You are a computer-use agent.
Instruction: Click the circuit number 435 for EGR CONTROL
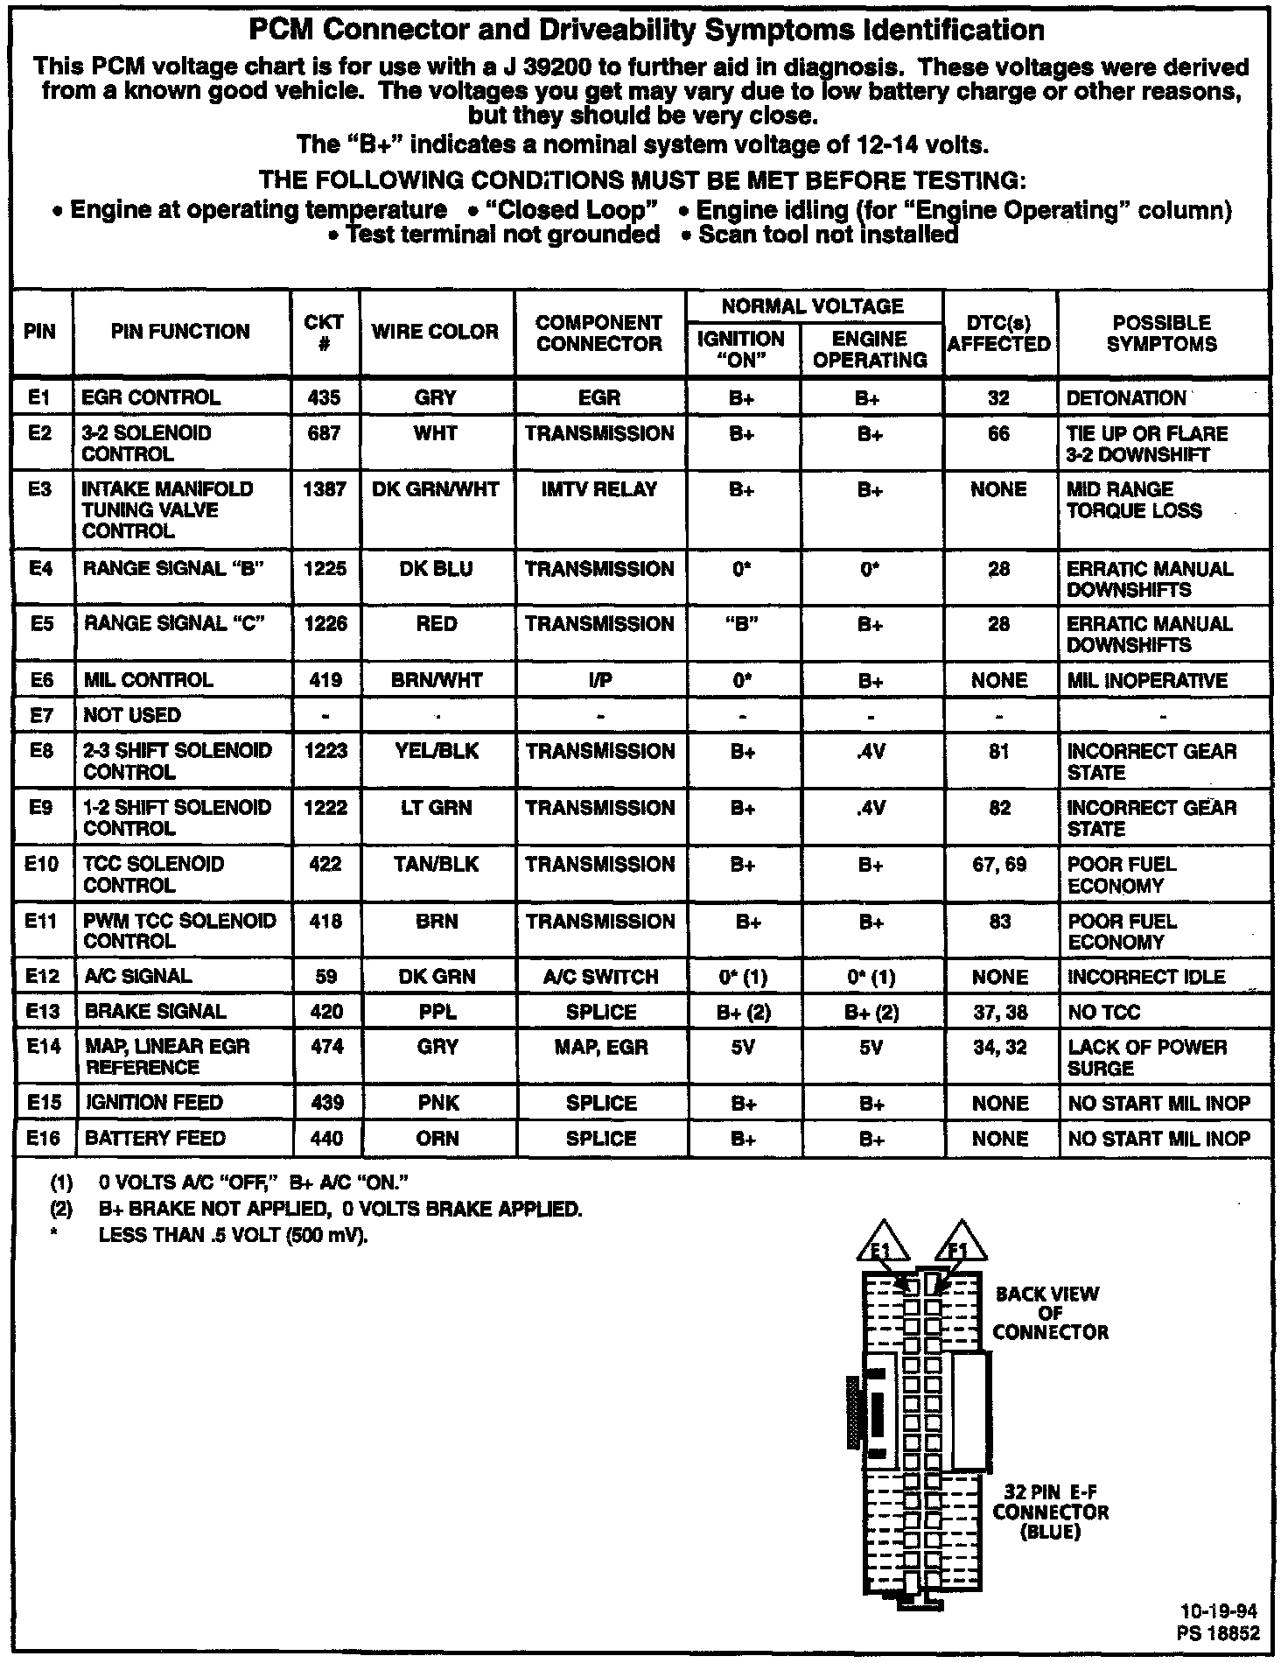click(325, 397)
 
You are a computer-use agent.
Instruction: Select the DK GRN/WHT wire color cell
click(436, 489)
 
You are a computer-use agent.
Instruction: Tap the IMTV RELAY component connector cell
click(599, 489)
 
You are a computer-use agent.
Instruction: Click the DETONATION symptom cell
click(1126, 398)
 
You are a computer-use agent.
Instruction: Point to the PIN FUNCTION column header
click(180, 332)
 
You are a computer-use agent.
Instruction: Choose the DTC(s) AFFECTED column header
click(998, 333)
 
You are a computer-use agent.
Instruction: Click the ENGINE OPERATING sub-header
click(870, 349)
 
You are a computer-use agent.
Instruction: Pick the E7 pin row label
click(41, 715)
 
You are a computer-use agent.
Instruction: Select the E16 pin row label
click(41, 1138)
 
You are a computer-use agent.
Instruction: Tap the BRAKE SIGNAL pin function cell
click(155, 1012)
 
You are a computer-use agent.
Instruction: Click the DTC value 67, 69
click(998, 865)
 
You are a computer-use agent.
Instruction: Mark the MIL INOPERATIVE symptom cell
click(1146, 681)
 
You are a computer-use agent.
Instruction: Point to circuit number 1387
click(325, 489)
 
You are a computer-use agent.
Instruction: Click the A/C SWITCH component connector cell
click(599, 977)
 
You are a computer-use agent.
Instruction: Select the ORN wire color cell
click(437, 1139)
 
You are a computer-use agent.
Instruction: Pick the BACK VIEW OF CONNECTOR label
click(1049, 1313)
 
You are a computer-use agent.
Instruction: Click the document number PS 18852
click(1220, 1633)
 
